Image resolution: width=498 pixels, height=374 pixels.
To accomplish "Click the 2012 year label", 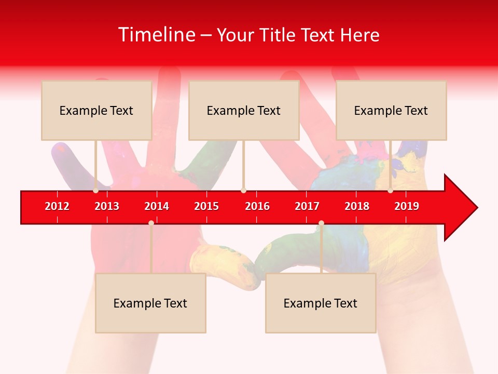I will tap(57, 206).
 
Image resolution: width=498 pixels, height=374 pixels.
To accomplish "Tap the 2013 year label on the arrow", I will tap(107, 206).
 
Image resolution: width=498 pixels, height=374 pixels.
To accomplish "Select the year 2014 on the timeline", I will tap(157, 206).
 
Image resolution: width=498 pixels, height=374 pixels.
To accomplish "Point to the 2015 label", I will tap(206, 206).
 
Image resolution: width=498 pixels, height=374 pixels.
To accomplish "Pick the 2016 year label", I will tap(257, 206).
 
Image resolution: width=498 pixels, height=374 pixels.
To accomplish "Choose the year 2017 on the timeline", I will tap(307, 206).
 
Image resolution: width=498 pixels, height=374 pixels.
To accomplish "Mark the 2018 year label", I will tap(357, 206).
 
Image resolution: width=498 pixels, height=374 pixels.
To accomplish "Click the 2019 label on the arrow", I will tap(407, 206).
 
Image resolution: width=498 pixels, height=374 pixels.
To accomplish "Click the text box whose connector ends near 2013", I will tap(96, 110).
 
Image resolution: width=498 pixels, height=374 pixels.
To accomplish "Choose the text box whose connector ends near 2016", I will tap(244, 110).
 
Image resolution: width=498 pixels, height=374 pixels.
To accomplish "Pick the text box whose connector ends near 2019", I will tap(391, 110).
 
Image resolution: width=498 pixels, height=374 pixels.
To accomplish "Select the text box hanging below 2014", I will tap(150, 303).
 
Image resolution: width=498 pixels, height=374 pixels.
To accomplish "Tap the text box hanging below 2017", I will tap(321, 303).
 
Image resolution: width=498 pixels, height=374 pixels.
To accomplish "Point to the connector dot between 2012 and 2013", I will tap(95, 191).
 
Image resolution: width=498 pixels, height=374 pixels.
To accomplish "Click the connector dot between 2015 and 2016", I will tap(243, 191).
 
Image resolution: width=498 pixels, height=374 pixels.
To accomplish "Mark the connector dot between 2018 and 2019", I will tap(390, 191).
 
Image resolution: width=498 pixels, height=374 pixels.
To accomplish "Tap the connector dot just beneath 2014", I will tap(151, 223).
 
